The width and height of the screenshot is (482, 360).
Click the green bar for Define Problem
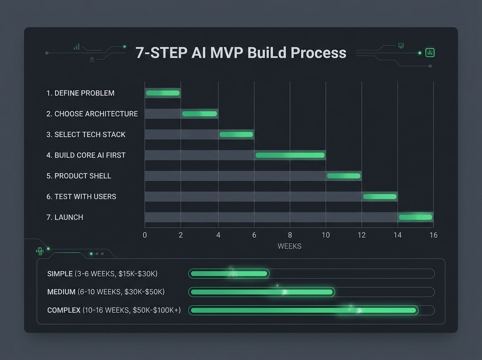(163, 93)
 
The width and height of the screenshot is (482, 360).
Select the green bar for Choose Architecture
(199, 114)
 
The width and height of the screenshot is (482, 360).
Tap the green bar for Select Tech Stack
(236, 135)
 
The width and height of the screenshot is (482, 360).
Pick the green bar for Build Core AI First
(290, 155)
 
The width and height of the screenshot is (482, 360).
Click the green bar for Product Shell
(343, 176)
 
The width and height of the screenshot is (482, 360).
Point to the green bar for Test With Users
(380, 196)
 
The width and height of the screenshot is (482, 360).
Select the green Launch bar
(415, 217)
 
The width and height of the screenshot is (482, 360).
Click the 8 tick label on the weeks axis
(290, 235)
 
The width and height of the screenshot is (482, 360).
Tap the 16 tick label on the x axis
(433, 235)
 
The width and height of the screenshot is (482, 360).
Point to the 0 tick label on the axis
(145, 235)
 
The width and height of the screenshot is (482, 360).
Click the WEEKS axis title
(289, 246)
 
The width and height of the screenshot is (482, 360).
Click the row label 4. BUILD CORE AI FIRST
(86, 155)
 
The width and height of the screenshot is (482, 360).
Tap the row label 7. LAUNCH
(65, 217)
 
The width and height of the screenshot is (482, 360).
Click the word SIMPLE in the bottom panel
(60, 274)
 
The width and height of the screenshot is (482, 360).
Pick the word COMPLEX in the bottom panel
(63, 310)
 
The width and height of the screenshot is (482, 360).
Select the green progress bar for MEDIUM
(261, 292)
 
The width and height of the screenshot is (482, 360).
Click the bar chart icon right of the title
(430, 53)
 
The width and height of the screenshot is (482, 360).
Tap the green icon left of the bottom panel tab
(39, 251)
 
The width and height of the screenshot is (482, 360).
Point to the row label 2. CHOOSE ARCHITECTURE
(92, 114)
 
